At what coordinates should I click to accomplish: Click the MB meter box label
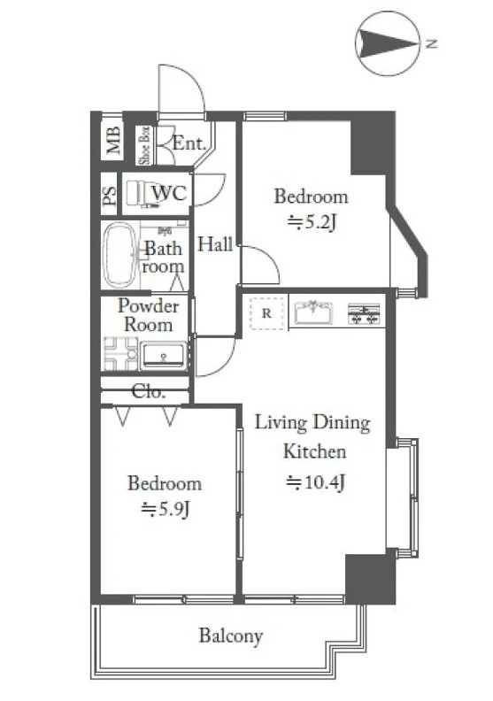pos(113,141)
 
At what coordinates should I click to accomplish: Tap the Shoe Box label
pos(145,146)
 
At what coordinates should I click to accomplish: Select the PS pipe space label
pos(110,196)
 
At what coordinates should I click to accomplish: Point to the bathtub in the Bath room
pos(119,254)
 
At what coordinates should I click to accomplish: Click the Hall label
pos(215,244)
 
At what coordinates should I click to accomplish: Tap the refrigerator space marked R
pos(266,313)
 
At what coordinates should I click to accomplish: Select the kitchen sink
pos(312,312)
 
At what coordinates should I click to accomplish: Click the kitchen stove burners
pos(364,313)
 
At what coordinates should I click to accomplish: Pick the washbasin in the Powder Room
pos(163,356)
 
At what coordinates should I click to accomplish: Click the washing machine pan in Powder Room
pos(120,354)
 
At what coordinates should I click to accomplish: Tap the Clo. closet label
pos(149,392)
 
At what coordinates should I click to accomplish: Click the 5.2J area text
pos(312,223)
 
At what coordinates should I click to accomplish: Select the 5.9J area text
pos(166,509)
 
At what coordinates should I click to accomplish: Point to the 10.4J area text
pos(315,482)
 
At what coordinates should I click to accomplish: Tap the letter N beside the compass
pos(431,44)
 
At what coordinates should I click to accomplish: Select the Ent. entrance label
pos(189,143)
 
